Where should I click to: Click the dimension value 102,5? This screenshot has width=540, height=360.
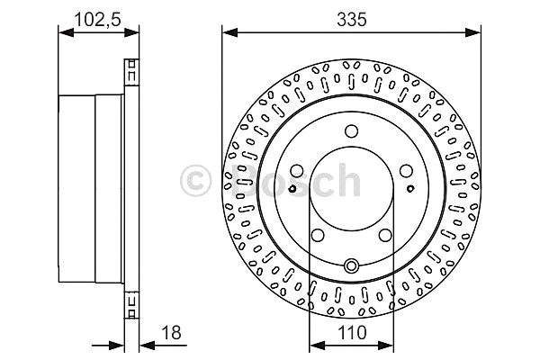point(98,19)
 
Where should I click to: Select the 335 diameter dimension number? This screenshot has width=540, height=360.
point(352,19)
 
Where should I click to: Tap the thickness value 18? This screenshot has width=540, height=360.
point(171,333)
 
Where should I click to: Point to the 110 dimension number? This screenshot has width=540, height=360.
point(352,333)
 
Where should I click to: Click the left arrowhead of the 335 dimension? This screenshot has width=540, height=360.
point(229,32)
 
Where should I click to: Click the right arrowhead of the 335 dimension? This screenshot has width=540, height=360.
point(472,32)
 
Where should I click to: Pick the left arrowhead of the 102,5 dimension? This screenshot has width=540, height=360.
point(66,32)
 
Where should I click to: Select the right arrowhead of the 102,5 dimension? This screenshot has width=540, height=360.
point(131,32)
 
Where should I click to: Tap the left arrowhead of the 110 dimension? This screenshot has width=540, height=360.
point(317,346)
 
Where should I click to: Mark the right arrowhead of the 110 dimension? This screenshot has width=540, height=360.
point(386,346)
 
